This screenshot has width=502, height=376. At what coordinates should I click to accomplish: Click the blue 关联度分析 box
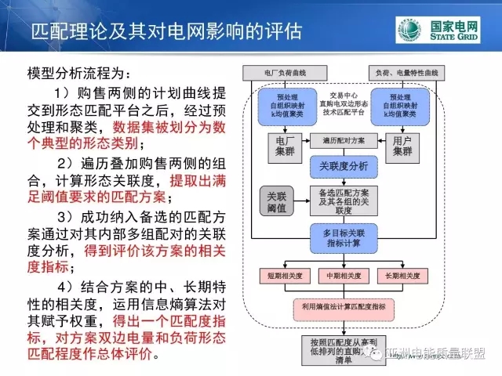coord(343,166)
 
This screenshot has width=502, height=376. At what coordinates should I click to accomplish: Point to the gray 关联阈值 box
coord(275,201)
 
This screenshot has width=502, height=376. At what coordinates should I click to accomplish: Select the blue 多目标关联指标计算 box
coord(343,237)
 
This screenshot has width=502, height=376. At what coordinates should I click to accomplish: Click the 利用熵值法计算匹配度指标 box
coord(343,306)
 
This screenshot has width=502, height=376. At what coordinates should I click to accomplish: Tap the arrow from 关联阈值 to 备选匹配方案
coord(302,201)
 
